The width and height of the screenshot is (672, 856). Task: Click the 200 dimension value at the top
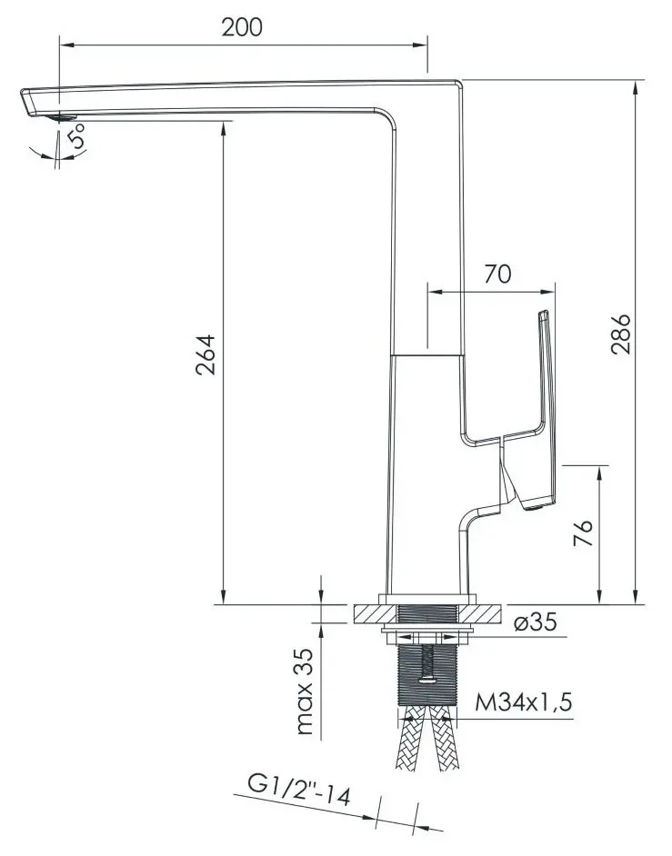[x=242, y=27]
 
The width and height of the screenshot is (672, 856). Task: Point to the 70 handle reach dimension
[x=497, y=274]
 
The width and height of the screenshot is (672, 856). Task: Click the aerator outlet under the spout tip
[x=62, y=116]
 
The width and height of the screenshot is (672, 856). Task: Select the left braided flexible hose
[x=411, y=741]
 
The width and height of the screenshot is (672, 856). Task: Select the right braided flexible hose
[x=446, y=741]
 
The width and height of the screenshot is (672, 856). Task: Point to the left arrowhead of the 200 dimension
[x=65, y=43]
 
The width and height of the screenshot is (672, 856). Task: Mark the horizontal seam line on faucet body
[x=427, y=353]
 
